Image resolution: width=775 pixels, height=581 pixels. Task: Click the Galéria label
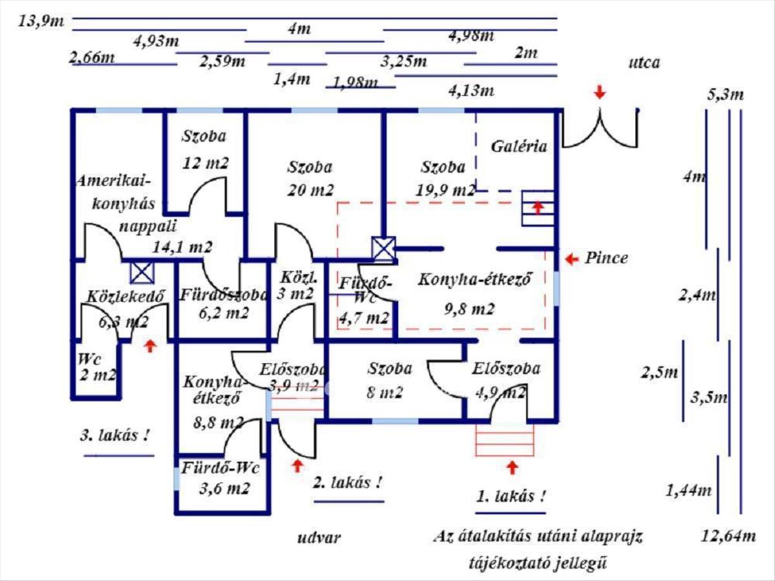(x=519, y=146)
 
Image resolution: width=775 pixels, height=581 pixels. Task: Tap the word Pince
(x=606, y=258)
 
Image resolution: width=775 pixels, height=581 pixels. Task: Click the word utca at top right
(x=644, y=63)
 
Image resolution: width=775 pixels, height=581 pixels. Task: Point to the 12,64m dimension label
(x=728, y=535)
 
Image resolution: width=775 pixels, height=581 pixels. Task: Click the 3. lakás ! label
(x=114, y=434)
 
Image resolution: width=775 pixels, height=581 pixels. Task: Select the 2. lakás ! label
(x=347, y=482)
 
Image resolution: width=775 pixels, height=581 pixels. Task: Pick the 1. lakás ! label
(x=510, y=496)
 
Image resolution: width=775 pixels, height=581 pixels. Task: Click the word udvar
(x=319, y=538)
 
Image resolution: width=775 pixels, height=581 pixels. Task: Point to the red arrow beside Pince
(x=572, y=260)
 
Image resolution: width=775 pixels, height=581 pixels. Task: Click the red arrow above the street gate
(x=600, y=93)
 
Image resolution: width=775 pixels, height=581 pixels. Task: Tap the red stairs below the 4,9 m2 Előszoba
(x=505, y=440)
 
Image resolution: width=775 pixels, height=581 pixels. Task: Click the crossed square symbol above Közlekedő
(x=142, y=272)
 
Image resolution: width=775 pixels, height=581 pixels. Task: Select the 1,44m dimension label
(x=689, y=490)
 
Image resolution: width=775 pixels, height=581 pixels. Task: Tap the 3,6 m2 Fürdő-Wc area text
(x=224, y=488)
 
